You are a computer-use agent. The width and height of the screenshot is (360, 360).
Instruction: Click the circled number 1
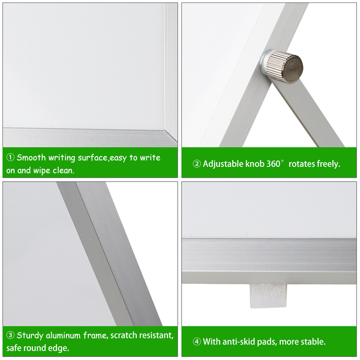coord(10,158)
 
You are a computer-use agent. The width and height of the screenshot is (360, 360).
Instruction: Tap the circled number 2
coord(197,164)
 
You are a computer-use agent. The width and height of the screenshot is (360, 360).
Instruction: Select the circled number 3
coord(10,335)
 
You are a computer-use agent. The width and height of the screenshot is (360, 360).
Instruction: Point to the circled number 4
coord(197,341)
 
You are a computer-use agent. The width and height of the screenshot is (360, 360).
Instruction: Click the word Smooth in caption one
coord(31,158)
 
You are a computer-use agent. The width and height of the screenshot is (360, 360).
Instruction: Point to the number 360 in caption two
coord(274,164)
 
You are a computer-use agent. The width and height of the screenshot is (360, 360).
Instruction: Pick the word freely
coord(329,164)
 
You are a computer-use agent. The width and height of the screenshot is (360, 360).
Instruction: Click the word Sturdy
coord(30,335)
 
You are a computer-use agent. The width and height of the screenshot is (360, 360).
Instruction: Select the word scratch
coord(124,335)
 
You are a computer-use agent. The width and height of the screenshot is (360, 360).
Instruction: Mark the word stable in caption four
coord(313,341)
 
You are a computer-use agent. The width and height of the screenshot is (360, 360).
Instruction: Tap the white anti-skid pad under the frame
coord(268,296)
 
